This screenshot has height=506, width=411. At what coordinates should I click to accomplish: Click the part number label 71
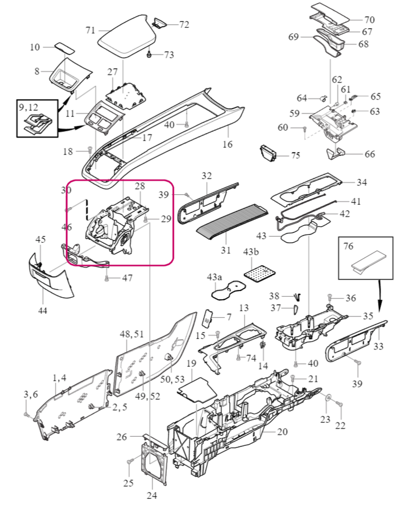point(90,30)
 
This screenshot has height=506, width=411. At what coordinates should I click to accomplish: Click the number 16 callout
point(228,144)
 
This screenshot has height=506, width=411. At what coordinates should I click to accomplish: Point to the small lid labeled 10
point(65,48)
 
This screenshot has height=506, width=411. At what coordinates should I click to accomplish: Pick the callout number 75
point(295,155)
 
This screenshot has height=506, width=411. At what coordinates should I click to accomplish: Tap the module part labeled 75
point(268,152)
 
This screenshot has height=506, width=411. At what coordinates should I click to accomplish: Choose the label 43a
point(215,278)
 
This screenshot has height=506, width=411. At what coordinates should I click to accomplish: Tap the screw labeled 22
point(339,404)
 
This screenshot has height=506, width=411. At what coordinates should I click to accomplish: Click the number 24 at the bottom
point(152,495)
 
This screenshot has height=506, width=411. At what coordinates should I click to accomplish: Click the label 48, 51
point(132,334)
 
